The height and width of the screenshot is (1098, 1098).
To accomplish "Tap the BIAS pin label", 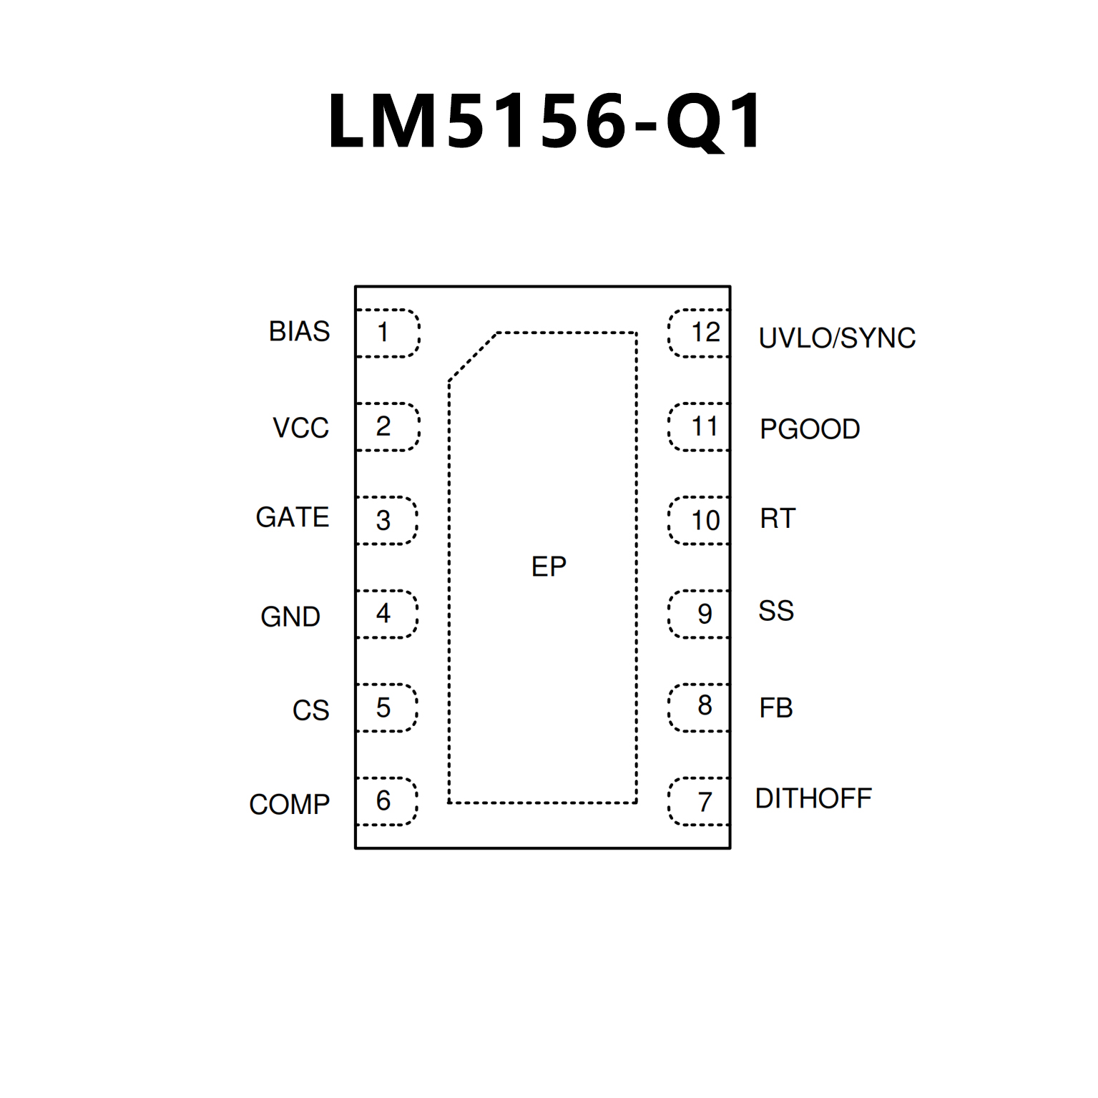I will tap(299, 331).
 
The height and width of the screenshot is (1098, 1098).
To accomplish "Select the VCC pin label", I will tap(300, 428).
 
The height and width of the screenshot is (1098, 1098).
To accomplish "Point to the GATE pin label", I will tap(292, 517).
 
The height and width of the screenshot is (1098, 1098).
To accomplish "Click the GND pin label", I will tap(290, 617).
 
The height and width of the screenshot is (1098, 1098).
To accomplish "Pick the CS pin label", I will tap(310, 710).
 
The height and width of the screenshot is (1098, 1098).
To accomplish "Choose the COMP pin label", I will tap(289, 804).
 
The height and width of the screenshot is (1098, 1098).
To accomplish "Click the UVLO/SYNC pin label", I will tap(837, 338).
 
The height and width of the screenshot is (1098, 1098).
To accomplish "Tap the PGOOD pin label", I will tap(810, 429).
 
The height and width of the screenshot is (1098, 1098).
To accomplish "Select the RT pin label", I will tap(778, 519).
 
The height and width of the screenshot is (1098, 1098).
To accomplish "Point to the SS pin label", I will tap(776, 611).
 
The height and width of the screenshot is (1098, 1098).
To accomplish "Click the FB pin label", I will tap(776, 708).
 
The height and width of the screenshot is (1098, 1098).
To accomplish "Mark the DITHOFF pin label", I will tap(813, 798).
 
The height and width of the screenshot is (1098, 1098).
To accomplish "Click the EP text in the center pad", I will tap(549, 567).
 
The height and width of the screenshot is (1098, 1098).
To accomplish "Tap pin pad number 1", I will tap(386, 333).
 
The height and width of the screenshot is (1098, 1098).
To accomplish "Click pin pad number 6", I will tap(386, 801).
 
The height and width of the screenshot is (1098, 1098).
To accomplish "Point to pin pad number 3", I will tap(386, 520).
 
